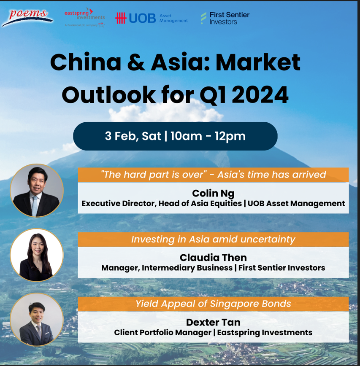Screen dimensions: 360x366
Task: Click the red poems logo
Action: (x=27, y=18)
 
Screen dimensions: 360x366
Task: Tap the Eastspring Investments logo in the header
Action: (x=84, y=17)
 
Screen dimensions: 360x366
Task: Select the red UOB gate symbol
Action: (x=121, y=18)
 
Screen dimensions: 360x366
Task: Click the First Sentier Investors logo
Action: (x=225, y=18)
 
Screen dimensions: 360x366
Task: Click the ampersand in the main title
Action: (x=136, y=62)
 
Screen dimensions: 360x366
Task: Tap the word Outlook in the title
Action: (x=108, y=95)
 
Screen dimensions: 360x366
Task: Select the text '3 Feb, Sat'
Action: (x=133, y=136)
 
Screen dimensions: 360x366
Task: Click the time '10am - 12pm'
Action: (x=208, y=136)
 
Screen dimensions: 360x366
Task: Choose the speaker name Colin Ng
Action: (x=213, y=193)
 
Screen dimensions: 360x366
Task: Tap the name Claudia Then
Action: (x=213, y=258)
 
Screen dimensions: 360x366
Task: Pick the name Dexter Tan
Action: (x=213, y=322)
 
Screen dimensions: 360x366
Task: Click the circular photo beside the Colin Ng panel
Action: (x=37, y=191)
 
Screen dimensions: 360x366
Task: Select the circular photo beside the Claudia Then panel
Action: (x=37, y=255)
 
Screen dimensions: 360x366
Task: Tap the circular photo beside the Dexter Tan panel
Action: (x=37, y=320)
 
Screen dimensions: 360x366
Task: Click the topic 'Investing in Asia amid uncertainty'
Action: (x=213, y=240)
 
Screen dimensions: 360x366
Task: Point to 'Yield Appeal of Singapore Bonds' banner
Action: (x=213, y=304)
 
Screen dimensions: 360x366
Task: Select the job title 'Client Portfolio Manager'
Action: (x=163, y=332)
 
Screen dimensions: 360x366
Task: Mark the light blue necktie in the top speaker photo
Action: (x=35, y=206)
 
